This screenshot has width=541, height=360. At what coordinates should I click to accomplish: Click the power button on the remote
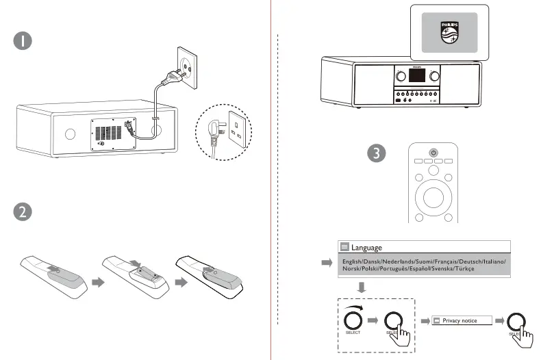pos(433,152)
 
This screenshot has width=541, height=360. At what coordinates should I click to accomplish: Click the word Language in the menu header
pos(366,247)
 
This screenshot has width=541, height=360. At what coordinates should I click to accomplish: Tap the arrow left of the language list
pos(325,262)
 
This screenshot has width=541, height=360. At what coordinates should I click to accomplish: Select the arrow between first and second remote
pos(97,281)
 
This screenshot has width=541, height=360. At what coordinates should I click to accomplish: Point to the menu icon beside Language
pos(344,247)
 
